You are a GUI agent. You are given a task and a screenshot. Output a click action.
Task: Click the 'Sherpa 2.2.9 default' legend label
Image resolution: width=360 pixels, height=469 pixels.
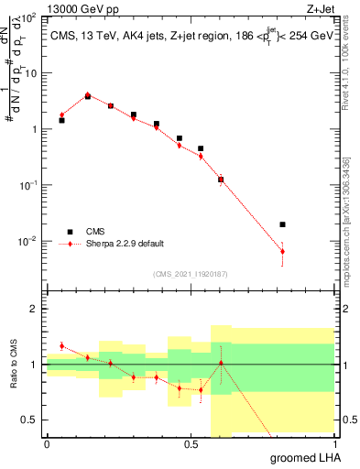125,244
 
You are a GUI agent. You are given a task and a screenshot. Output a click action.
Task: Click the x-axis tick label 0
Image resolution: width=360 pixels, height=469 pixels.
47,443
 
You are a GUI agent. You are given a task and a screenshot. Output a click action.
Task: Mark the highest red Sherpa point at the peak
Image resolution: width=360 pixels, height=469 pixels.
87,94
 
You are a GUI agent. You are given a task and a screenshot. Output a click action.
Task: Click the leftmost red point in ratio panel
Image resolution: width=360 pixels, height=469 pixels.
61,346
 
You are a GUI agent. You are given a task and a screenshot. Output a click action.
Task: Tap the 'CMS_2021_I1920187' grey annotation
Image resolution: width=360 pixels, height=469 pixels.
190,273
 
